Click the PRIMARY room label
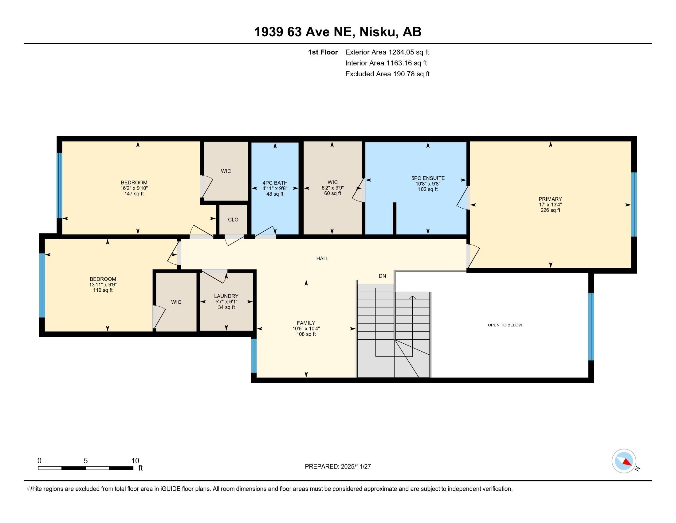(x=550, y=199)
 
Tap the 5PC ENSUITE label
(x=428, y=178)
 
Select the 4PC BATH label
(x=275, y=183)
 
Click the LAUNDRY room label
(x=226, y=296)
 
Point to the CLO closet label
(x=233, y=220)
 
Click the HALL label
(x=322, y=258)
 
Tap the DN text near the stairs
(x=382, y=276)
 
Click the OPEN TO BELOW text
(x=505, y=325)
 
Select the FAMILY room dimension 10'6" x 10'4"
(x=306, y=329)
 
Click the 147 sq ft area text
(x=134, y=194)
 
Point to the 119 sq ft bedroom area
(x=103, y=290)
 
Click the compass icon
(x=624, y=461)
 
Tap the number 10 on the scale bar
(x=135, y=461)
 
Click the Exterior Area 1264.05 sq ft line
(x=387, y=52)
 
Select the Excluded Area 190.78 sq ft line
(x=387, y=74)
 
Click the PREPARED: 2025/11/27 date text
(x=338, y=467)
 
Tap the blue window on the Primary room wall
(x=634, y=205)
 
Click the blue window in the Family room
(x=254, y=355)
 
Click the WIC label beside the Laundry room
(x=176, y=302)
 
